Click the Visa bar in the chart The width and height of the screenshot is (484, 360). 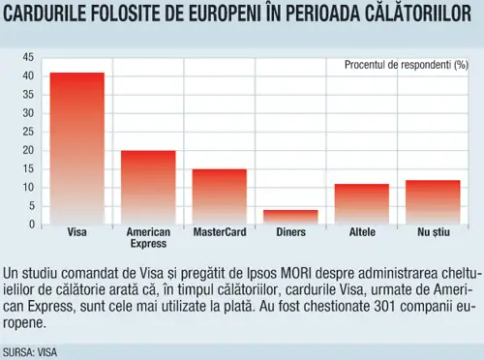(x=77, y=149)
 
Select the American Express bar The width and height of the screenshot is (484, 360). (x=148, y=188)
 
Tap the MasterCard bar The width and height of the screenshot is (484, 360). (x=220, y=196)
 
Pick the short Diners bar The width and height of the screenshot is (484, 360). (x=290, y=218)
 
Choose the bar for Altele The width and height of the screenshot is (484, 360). (x=362, y=204)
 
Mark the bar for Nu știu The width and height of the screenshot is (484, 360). (x=433, y=202)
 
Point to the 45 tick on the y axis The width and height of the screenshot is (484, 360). (x=28, y=57)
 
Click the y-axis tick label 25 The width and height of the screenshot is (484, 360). (x=28, y=132)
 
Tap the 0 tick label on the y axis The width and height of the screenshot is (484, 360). (x=32, y=225)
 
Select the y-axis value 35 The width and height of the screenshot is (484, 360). (x=28, y=95)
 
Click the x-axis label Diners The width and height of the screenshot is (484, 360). (x=290, y=232)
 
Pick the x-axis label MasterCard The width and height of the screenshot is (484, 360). (x=220, y=232)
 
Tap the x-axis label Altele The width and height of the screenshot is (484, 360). (x=362, y=232)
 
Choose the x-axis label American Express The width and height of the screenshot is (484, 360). (x=148, y=237)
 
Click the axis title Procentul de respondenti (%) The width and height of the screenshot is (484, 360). (x=407, y=65)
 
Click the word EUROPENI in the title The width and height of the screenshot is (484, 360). (x=224, y=13)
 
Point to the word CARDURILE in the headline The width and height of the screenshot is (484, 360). (x=44, y=13)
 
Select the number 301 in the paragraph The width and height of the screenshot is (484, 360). (x=385, y=306)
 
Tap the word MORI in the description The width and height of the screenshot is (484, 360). (x=296, y=274)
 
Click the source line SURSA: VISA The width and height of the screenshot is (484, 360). (x=30, y=352)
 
